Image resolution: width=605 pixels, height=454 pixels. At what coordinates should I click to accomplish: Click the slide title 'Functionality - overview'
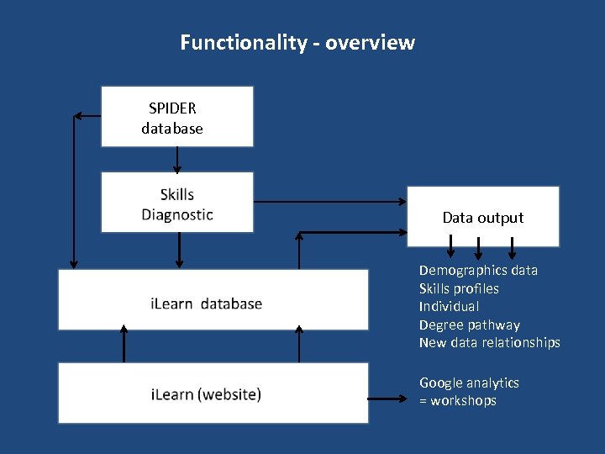[297, 42]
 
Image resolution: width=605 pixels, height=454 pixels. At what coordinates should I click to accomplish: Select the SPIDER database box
[176, 117]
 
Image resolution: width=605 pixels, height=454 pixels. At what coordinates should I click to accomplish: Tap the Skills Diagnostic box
[176, 203]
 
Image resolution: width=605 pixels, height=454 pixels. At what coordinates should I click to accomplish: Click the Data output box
[482, 217]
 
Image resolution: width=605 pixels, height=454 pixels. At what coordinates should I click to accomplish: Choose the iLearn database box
[213, 300]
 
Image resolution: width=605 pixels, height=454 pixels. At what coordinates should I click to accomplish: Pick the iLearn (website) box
[213, 393]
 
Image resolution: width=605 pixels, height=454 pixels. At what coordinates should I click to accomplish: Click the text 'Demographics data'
[478, 270]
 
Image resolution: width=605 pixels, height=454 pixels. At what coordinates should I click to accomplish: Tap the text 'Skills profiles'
[459, 288]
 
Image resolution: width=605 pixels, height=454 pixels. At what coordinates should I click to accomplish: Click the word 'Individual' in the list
[449, 307]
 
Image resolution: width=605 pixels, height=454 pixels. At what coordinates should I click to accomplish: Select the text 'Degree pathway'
[469, 325]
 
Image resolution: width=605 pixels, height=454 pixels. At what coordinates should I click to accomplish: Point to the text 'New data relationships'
[489, 343]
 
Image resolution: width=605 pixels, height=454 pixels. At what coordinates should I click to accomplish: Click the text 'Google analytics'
[469, 383]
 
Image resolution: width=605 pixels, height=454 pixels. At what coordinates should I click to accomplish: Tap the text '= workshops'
[458, 401]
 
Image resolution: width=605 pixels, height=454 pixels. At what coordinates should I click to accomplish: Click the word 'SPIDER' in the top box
[172, 108]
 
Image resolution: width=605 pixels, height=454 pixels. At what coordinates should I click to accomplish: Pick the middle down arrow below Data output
[478, 248]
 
